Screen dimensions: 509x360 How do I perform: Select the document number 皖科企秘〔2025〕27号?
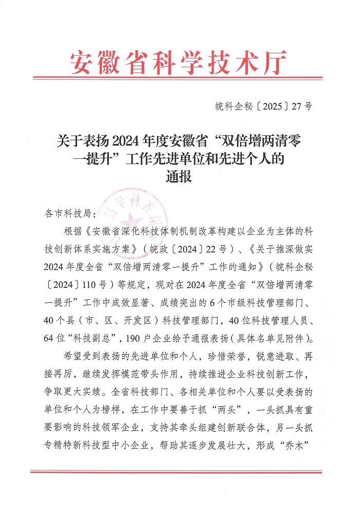click(x=263, y=107)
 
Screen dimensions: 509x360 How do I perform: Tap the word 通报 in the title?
click(x=179, y=177)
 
